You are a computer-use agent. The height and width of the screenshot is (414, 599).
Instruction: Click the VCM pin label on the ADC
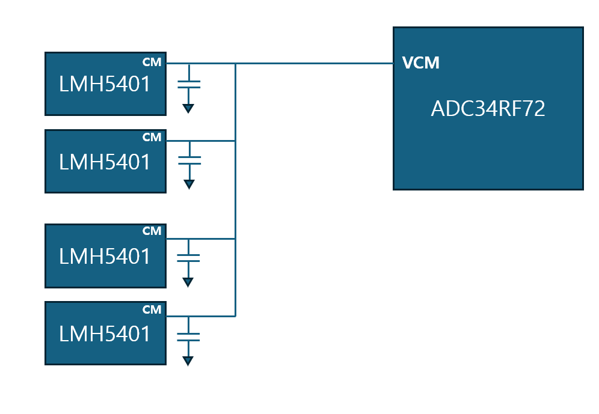(420, 63)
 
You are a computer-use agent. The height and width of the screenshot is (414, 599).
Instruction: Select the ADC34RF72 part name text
(488, 109)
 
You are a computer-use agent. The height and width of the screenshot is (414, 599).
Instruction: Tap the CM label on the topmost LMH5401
(152, 62)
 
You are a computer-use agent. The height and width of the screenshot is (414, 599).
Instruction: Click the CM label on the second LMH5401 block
(152, 137)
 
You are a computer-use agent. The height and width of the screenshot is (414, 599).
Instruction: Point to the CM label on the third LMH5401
(152, 231)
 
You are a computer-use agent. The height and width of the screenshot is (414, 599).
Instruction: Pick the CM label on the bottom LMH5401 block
(152, 309)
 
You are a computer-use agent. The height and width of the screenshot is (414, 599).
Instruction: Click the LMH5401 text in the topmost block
(105, 85)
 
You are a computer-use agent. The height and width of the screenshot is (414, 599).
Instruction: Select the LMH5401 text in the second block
(105, 162)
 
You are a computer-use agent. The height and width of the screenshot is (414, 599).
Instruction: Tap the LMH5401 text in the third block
(105, 257)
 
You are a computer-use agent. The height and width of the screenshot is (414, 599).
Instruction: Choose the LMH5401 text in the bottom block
(105, 333)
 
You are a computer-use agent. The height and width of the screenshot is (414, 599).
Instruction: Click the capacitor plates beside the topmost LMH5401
(189, 84)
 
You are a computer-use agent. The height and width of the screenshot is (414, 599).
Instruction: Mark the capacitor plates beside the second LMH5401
(189, 160)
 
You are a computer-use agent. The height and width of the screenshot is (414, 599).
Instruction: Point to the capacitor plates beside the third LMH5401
(189, 258)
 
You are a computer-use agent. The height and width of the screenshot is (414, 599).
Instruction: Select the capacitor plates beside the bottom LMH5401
(189, 336)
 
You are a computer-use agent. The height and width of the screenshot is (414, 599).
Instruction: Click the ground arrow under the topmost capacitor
(189, 108)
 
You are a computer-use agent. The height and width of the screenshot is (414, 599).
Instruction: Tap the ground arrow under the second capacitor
(189, 184)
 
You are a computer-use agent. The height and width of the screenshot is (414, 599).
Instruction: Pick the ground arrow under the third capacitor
(189, 282)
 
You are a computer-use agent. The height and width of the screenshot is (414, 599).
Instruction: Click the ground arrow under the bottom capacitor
(189, 361)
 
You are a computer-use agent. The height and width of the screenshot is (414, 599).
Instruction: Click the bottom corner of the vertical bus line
(235, 315)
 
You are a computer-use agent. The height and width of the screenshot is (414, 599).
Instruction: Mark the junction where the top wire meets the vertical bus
(235, 63)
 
